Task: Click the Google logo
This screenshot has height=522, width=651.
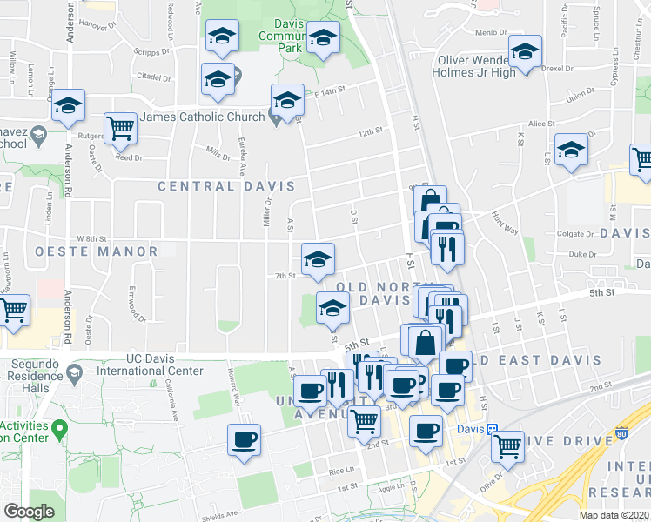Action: tap(30, 512)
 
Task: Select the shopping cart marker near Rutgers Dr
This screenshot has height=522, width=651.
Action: tap(121, 129)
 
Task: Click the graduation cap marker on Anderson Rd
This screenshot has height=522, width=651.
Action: tap(67, 106)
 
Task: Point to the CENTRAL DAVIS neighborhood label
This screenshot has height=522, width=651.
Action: tap(226, 186)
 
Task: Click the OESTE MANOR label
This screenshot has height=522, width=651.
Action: tap(97, 251)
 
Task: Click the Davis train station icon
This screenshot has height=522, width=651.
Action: tap(492, 429)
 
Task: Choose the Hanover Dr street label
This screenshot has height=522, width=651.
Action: tap(97, 26)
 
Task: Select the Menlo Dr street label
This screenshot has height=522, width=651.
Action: tap(490, 32)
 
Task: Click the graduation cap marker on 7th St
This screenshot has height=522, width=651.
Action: tap(318, 258)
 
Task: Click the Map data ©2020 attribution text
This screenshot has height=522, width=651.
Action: tap(614, 515)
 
